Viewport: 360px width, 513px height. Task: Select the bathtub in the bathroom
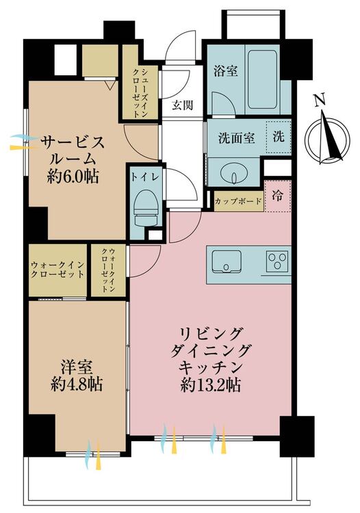(263, 79)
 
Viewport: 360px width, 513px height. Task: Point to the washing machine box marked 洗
(281, 135)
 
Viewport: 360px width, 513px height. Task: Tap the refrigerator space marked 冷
(279, 195)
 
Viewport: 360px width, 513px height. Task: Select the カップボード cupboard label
(237, 202)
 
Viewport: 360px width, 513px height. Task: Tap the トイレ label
(145, 176)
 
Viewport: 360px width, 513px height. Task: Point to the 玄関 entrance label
(182, 105)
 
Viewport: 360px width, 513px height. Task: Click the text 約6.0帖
(73, 176)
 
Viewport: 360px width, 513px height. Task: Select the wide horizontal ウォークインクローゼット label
(57, 269)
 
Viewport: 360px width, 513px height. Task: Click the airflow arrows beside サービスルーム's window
(25, 142)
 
